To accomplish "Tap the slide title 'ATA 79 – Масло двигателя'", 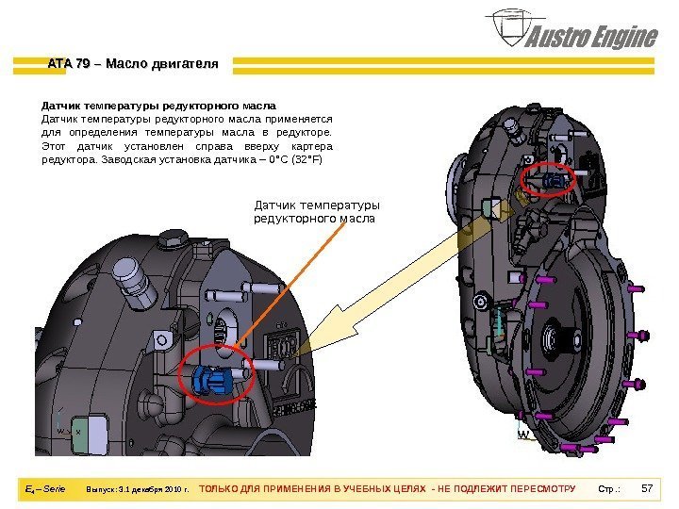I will click(x=132, y=64).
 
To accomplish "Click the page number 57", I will click(x=647, y=488).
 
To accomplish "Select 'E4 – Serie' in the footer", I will click(x=45, y=488).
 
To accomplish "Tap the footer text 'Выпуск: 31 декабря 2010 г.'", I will click(x=138, y=489).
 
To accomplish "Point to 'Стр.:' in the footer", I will click(x=610, y=489).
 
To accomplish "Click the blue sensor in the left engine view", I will click(x=207, y=380).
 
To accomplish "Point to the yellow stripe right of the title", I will click(x=443, y=64).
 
